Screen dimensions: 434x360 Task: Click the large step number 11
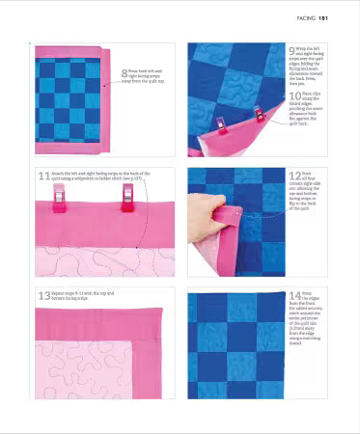click(42, 175)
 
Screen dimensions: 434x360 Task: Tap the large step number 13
click(43, 294)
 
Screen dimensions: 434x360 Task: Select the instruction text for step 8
click(151, 72)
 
